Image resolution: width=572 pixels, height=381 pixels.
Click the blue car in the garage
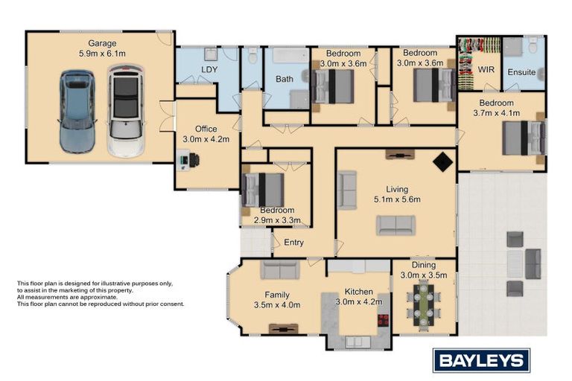(77, 112)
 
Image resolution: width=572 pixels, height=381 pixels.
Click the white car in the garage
(125, 112)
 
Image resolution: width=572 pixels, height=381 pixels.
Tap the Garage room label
(103, 43)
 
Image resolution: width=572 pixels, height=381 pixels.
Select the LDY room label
(209, 71)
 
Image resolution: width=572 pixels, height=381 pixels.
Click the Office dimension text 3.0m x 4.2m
(206, 138)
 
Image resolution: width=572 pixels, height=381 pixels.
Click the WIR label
(486, 69)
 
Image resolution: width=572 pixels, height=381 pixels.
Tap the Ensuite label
(521, 72)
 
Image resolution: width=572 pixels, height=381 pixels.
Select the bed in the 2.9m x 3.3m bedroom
(257, 190)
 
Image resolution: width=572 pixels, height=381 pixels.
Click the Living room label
(397, 188)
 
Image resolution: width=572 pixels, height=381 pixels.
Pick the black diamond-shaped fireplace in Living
(442, 161)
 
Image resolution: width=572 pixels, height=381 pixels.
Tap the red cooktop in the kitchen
(384, 321)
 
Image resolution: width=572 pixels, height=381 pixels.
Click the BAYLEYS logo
(481, 361)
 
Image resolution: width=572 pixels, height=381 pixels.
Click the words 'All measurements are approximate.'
(67, 296)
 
